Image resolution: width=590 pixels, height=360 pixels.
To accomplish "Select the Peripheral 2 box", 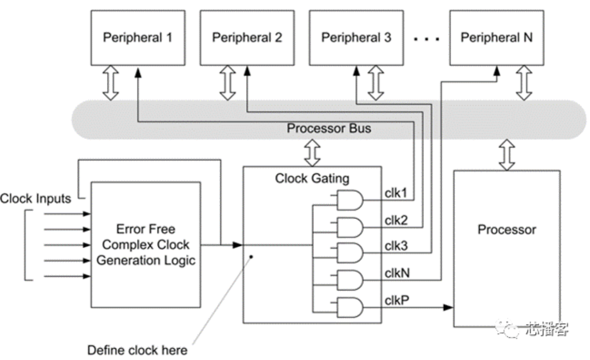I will (247, 38).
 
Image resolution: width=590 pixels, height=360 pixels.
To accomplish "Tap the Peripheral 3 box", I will (356, 38).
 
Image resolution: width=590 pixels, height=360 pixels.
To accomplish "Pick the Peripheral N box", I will (497, 38).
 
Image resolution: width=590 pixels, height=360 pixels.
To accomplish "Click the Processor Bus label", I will (329, 128).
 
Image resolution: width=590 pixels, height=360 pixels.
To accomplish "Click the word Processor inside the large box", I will (506, 230).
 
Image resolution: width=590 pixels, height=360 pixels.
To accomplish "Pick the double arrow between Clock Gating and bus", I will (312, 152).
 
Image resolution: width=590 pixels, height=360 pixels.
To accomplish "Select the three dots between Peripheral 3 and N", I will (426, 39).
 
